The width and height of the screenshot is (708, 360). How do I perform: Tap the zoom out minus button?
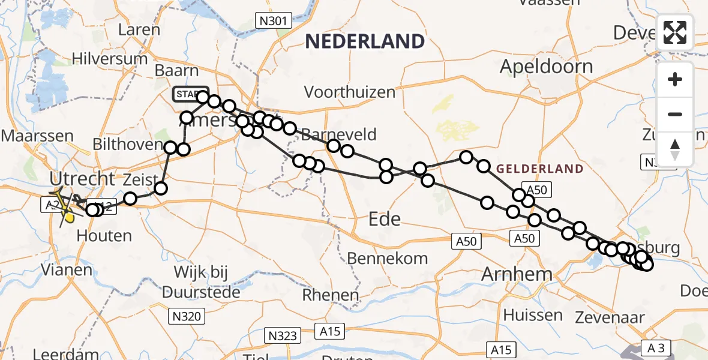click(676, 114)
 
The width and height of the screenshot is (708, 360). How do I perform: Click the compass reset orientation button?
click(676, 149)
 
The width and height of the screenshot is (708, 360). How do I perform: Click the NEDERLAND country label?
click(365, 41)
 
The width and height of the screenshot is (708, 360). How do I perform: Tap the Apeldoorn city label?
click(546, 66)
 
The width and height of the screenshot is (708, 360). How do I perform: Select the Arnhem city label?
click(517, 275)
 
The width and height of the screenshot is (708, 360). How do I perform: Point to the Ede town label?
click(385, 219)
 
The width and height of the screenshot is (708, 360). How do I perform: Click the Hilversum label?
click(110, 59)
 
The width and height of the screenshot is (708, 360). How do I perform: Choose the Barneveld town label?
click(339, 133)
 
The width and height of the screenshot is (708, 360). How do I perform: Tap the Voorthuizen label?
click(350, 92)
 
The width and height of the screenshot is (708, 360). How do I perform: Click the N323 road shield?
click(283, 335)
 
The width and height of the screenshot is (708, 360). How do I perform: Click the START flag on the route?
click(190, 94)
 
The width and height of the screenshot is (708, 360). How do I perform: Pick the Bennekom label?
click(388, 259)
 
